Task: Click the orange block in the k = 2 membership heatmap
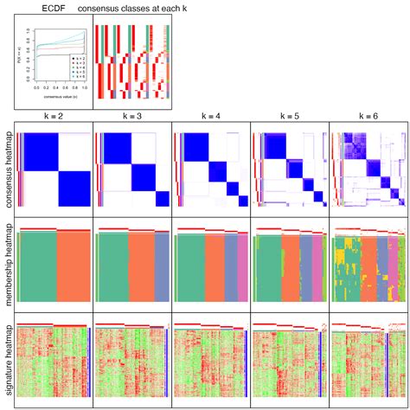coord(73,268)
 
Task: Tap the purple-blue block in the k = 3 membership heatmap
coord(163,268)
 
